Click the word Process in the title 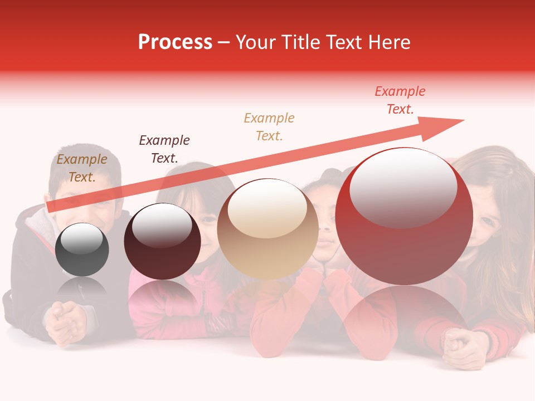tap(175, 42)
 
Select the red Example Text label tap(400, 100)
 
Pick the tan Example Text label tap(269, 127)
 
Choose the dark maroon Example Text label tap(164, 149)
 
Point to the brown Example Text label tap(82, 168)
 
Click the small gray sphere tap(82, 250)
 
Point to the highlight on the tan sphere tap(267, 208)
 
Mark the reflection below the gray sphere tap(82, 290)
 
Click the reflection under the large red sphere tap(404, 315)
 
